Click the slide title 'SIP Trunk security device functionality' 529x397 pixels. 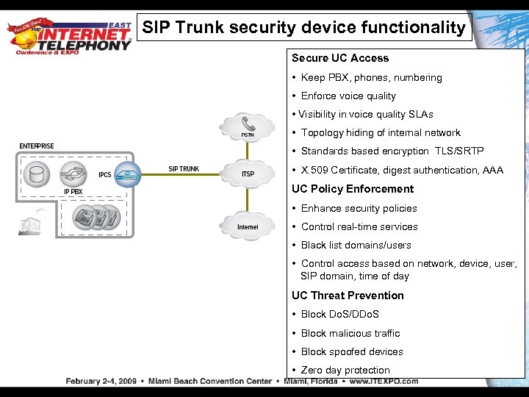click(x=304, y=29)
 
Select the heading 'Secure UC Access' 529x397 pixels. click(x=340, y=58)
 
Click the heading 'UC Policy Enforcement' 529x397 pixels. click(x=353, y=189)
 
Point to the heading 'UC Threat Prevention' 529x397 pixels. click(x=348, y=296)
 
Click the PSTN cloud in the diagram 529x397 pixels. click(x=248, y=126)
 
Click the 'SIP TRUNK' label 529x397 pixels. click(x=184, y=169)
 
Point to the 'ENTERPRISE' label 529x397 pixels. click(x=37, y=146)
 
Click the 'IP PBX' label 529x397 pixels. click(x=73, y=192)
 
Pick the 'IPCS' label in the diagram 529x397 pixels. click(x=105, y=175)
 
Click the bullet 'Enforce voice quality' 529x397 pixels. click(x=348, y=96)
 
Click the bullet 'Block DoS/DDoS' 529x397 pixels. click(x=339, y=315)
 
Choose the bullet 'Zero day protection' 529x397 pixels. click(x=345, y=371)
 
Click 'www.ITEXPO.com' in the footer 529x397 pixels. click(x=384, y=382)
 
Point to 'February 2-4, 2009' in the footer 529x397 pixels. click(x=100, y=382)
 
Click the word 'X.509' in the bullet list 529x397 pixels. click(x=314, y=171)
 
